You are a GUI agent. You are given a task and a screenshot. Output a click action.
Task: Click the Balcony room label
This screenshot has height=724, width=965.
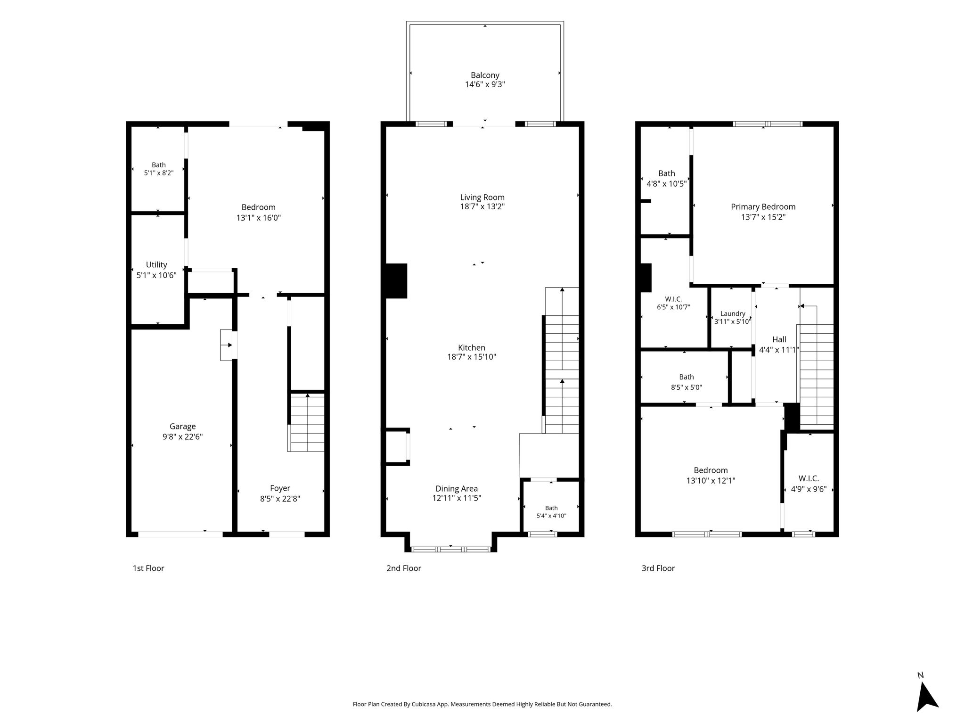(485, 75)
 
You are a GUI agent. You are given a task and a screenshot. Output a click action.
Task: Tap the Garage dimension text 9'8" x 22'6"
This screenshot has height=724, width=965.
(183, 437)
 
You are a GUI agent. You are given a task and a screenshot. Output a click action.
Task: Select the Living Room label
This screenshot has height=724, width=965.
(482, 197)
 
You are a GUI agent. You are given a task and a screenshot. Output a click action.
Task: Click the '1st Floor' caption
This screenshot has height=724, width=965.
(148, 568)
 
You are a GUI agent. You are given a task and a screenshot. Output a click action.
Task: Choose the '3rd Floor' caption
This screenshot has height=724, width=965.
(658, 568)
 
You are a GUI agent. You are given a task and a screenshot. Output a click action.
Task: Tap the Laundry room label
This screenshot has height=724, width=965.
(733, 314)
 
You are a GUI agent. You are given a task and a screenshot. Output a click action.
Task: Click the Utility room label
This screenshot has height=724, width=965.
(156, 265)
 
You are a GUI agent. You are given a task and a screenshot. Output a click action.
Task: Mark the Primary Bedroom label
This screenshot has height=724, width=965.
(763, 207)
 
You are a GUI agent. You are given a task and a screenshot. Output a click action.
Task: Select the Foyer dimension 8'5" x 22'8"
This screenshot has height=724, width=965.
(280, 499)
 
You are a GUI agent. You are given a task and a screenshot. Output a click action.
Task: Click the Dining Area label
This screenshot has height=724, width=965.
(457, 489)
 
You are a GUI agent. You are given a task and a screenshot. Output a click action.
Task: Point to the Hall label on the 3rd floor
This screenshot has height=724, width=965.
(779, 339)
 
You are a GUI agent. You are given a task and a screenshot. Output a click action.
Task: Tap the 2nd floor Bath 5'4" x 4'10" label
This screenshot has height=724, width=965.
(551, 512)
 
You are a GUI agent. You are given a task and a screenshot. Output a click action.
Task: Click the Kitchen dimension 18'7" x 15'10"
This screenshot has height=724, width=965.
(472, 357)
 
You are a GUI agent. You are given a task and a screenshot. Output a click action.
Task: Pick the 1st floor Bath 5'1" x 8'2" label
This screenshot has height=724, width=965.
(159, 169)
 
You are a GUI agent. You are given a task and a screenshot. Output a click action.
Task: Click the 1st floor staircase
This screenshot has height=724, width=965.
(307, 422)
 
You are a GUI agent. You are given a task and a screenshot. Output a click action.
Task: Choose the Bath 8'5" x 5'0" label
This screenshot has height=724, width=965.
(687, 382)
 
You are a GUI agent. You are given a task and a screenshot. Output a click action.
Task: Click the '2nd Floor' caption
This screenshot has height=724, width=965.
(404, 568)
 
